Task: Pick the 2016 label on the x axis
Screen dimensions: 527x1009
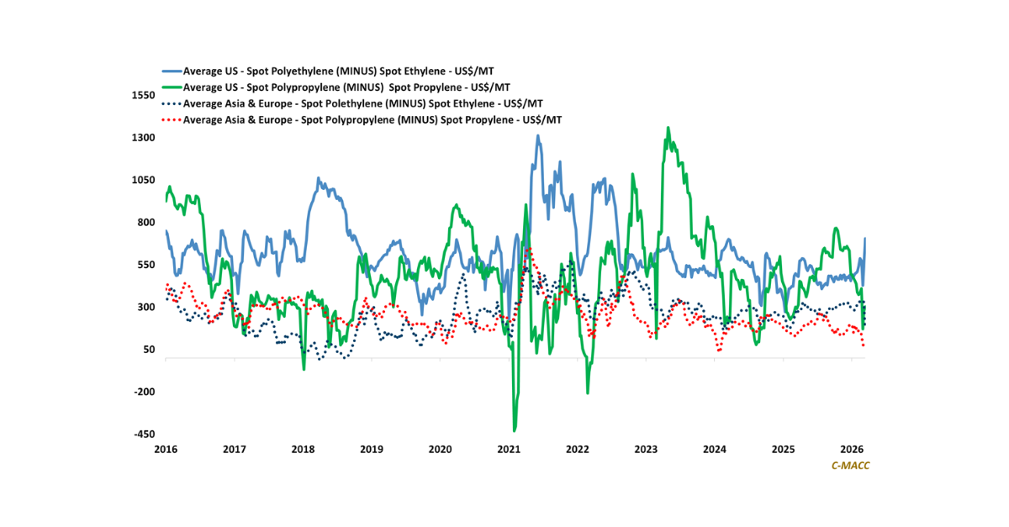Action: click(x=165, y=450)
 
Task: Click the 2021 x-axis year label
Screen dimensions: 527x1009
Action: click(x=509, y=450)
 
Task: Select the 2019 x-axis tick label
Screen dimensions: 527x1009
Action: click(x=371, y=450)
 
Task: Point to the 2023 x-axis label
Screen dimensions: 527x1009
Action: click(x=646, y=450)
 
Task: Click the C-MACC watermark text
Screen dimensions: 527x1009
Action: click(x=850, y=465)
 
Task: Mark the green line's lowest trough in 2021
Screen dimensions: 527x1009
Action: click(x=515, y=430)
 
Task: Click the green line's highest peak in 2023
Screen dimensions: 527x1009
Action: click(x=668, y=128)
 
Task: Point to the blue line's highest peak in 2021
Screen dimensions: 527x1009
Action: click(x=537, y=135)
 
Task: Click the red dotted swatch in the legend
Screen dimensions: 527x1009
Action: click(x=171, y=120)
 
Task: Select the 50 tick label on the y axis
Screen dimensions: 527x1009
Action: click(x=150, y=350)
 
